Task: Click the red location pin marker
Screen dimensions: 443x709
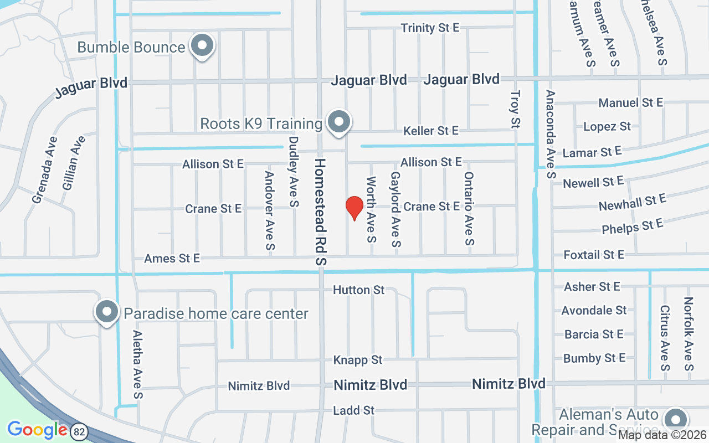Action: [354, 208]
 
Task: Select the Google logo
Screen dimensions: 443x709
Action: [37, 430]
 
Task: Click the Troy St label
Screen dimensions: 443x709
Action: [516, 110]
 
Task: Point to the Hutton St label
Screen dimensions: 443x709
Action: [358, 290]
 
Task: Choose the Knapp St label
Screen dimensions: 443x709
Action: [357, 360]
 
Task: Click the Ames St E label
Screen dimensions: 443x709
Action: [172, 258]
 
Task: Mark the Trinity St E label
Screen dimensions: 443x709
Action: [430, 28]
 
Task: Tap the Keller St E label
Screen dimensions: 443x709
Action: [430, 131]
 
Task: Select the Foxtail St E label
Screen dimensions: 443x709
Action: [593, 255]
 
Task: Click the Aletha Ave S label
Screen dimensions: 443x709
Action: [138, 364]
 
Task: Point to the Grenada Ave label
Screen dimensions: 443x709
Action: [45, 170]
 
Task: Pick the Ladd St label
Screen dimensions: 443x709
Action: [353, 410]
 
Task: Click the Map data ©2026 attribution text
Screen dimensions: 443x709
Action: [662, 435]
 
